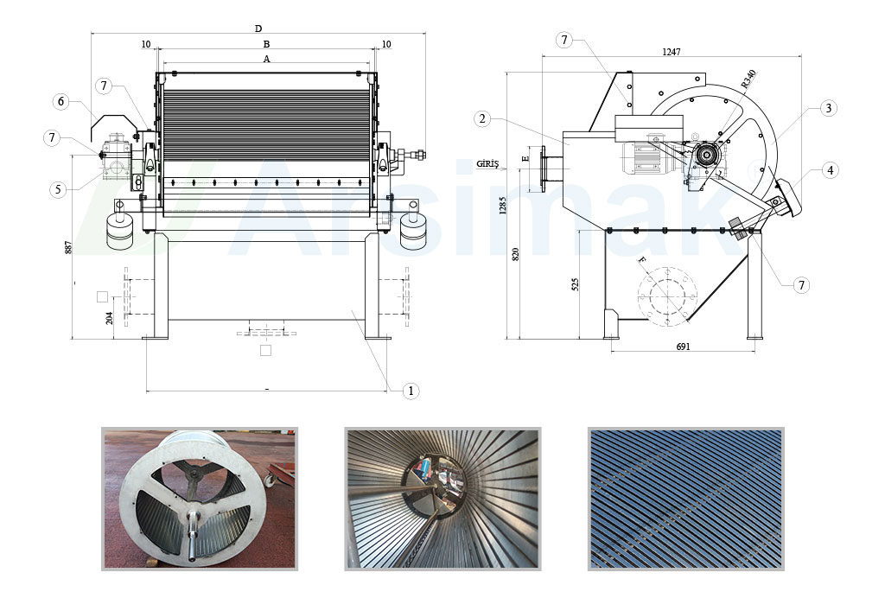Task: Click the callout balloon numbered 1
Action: tap(411, 391)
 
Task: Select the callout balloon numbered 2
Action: tap(482, 118)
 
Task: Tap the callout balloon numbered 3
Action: tap(828, 108)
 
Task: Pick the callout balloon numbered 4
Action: tap(830, 170)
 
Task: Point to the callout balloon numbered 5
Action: tap(58, 189)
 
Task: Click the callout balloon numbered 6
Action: tap(60, 102)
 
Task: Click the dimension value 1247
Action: tap(672, 52)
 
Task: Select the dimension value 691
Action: tap(683, 347)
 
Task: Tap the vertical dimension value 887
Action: tap(68, 246)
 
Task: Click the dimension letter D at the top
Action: tap(258, 29)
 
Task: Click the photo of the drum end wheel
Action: tap(200, 499)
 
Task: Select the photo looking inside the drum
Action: tap(442, 499)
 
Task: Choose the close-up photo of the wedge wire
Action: tap(686, 499)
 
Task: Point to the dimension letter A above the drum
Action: tap(267, 59)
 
